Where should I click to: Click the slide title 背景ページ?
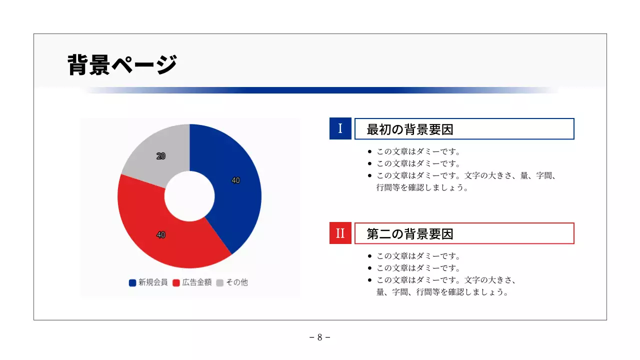[x=122, y=64]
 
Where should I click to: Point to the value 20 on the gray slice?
[x=161, y=156]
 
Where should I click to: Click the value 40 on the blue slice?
[x=235, y=180]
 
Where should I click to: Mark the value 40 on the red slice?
[x=161, y=234]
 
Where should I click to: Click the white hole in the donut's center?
[x=189, y=196]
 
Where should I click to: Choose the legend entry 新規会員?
[x=148, y=282]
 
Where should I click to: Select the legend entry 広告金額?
[x=192, y=282]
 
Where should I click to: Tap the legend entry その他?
[x=232, y=282]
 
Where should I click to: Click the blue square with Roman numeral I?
[x=340, y=128]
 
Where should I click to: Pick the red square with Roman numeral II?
[x=340, y=233]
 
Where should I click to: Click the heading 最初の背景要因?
[x=410, y=129]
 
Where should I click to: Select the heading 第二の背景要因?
[x=410, y=233]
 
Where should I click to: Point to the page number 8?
[x=320, y=337]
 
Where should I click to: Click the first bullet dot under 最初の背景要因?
[x=369, y=151]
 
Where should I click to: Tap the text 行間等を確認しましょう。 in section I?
[x=422, y=188]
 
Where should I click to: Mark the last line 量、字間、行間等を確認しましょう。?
[x=442, y=292]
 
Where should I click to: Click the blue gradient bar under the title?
[x=320, y=90]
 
